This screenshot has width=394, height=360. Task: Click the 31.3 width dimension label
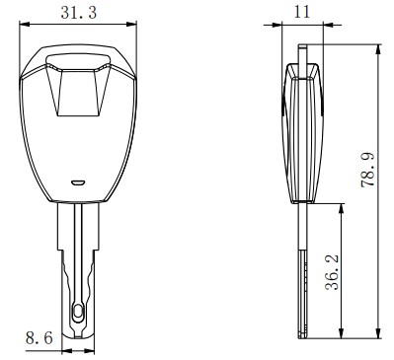79,13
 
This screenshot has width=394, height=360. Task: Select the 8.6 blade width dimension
39,337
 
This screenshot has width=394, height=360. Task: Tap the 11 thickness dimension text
302,12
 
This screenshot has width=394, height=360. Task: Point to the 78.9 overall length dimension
368,170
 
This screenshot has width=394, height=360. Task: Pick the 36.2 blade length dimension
332,272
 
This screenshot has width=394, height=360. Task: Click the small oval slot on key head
78,182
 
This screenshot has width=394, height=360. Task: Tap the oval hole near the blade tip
78,311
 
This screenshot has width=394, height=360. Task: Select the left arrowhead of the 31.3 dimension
25,24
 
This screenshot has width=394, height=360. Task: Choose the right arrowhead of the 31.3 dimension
131,24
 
